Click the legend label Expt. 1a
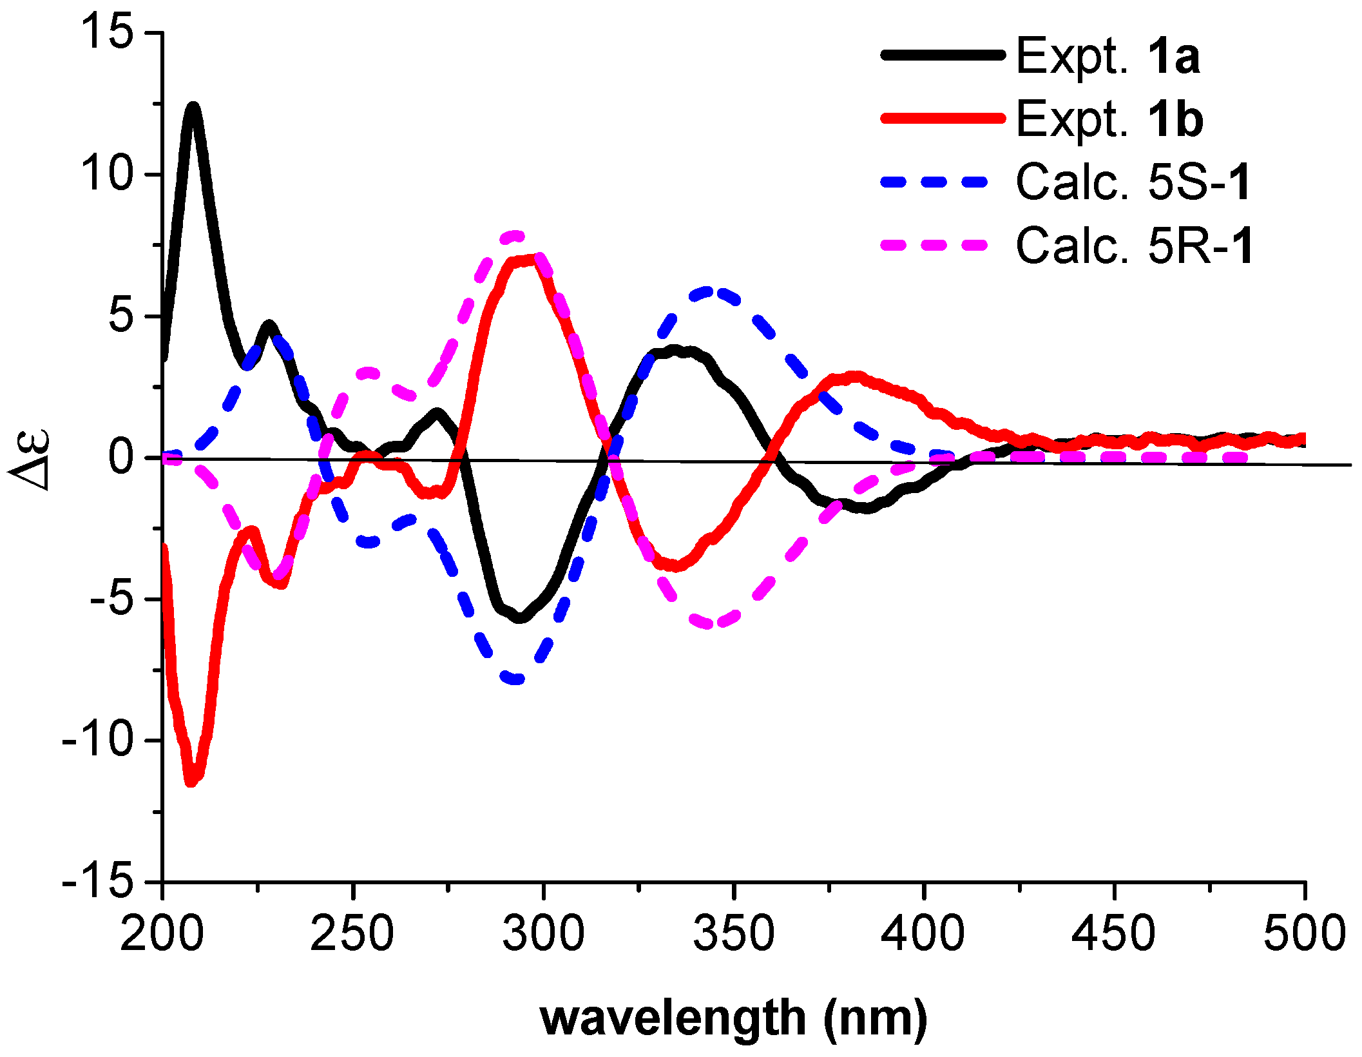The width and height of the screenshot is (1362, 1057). [x=1108, y=57]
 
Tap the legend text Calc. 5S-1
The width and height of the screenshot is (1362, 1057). [x=1133, y=182]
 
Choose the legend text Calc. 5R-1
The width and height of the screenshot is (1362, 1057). [x=1135, y=246]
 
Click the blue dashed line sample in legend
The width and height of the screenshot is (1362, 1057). [x=934, y=182]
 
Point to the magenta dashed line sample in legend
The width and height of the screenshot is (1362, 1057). [x=934, y=245]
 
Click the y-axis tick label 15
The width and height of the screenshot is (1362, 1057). [x=106, y=32]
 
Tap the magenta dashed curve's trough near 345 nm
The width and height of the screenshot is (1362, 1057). [x=709, y=624]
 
